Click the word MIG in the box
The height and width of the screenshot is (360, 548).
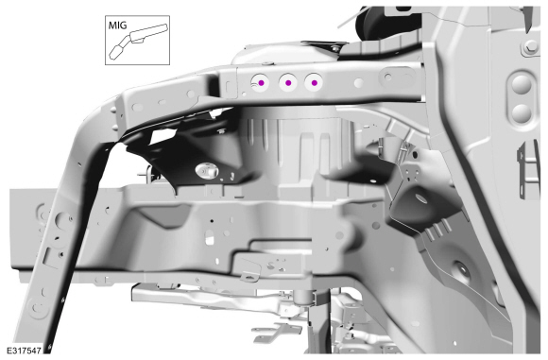(x=117, y=26)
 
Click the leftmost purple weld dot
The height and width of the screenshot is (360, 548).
(x=261, y=83)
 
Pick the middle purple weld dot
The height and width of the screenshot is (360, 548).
(x=288, y=83)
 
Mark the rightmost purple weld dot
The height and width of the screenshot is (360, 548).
(x=315, y=83)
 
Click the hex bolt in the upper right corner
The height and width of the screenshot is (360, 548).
(x=531, y=46)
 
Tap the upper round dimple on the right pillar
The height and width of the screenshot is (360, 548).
(x=522, y=85)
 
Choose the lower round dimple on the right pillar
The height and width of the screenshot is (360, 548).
(x=522, y=113)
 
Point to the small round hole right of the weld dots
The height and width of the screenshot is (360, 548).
(x=359, y=83)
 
